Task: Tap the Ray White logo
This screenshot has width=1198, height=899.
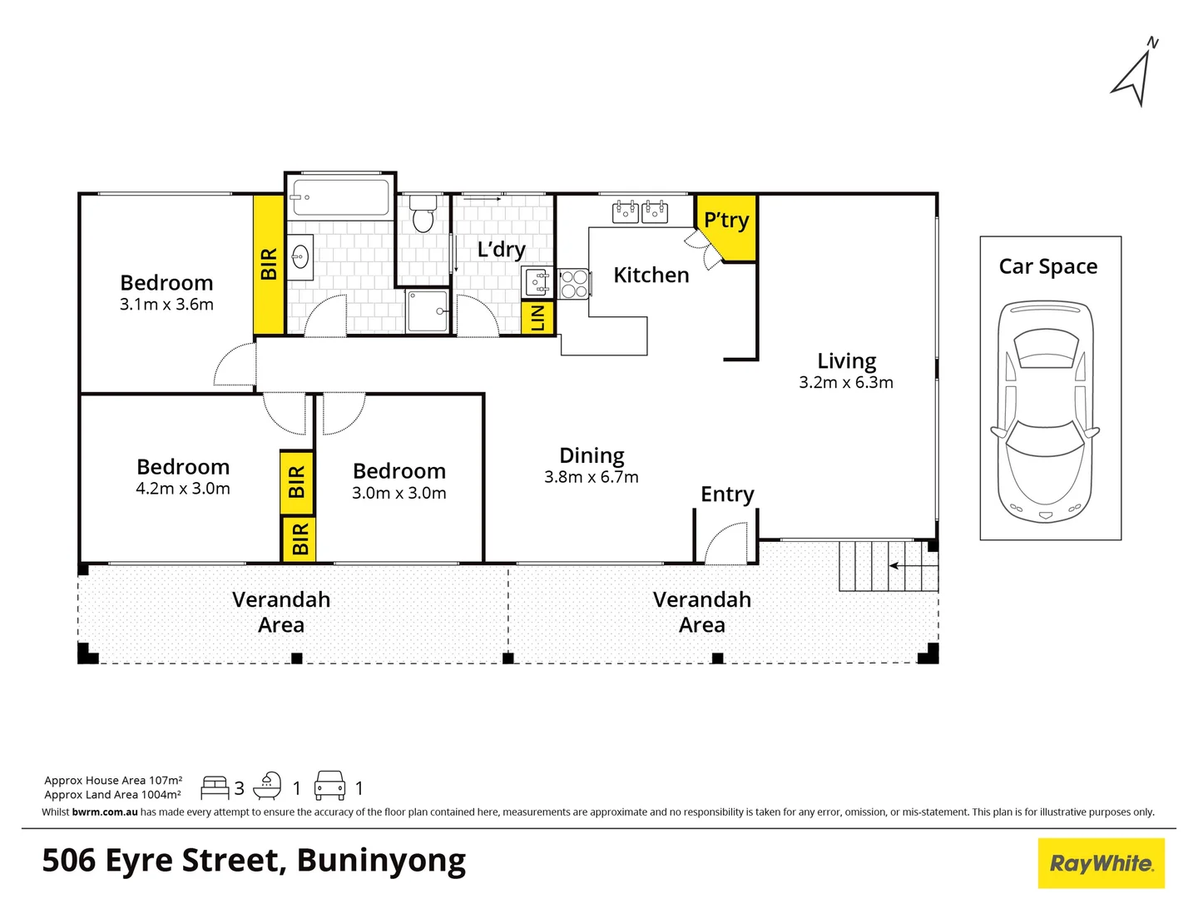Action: click(x=1101, y=863)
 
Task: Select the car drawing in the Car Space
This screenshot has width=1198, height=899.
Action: click(x=1045, y=412)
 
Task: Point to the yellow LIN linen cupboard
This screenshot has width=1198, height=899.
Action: click(x=537, y=317)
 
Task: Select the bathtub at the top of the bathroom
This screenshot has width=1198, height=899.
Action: click(x=340, y=197)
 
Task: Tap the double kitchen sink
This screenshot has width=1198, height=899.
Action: click(x=640, y=211)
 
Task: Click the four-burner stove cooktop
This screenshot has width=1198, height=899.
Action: click(x=573, y=283)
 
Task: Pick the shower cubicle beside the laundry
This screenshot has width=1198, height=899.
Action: click(x=428, y=310)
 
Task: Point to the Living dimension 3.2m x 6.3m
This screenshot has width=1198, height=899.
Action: click(x=846, y=383)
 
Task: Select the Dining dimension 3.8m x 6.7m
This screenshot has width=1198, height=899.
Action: click(x=592, y=478)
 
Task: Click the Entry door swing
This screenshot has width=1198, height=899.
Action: click(x=726, y=543)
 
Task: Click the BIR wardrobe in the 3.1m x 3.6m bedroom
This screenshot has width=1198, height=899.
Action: click(x=269, y=264)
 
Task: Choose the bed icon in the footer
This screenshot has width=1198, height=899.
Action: click(x=215, y=787)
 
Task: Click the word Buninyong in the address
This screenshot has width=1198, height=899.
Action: click(x=381, y=861)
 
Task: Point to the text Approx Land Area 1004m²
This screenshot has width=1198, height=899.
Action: click(x=112, y=795)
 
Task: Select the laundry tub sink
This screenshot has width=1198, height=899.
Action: click(x=537, y=282)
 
